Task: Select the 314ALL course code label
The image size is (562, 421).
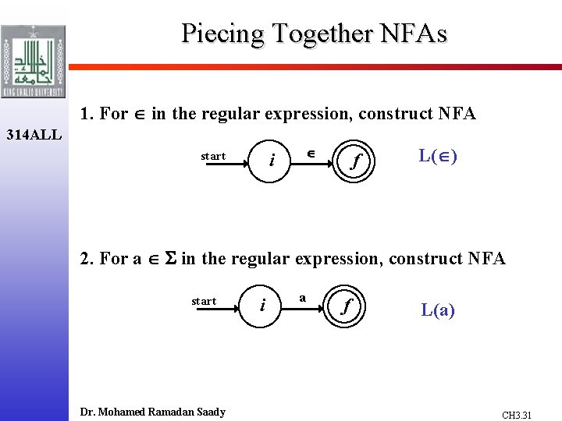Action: (x=34, y=135)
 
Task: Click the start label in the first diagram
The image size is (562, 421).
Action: (x=212, y=157)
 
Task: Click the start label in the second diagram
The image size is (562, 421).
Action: (x=204, y=302)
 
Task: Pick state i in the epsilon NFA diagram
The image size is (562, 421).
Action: (x=271, y=161)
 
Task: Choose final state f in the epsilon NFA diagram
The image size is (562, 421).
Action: (x=355, y=161)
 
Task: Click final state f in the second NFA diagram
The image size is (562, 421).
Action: (x=346, y=306)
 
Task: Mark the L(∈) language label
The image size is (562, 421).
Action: (x=438, y=156)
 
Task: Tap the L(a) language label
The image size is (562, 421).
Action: (x=438, y=310)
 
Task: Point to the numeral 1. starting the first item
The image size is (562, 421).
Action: (x=87, y=114)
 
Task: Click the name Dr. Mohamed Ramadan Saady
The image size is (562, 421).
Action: (x=153, y=412)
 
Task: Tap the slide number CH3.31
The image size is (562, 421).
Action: (x=517, y=416)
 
